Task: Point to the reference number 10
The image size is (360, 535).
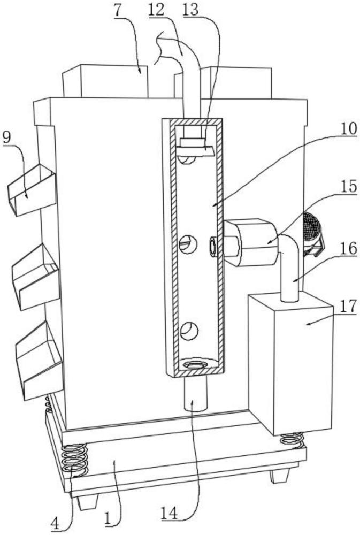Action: point(348,128)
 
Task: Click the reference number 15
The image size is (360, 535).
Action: point(348,186)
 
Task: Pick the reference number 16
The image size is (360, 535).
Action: point(348,248)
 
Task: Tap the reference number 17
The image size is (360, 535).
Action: point(348,306)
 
